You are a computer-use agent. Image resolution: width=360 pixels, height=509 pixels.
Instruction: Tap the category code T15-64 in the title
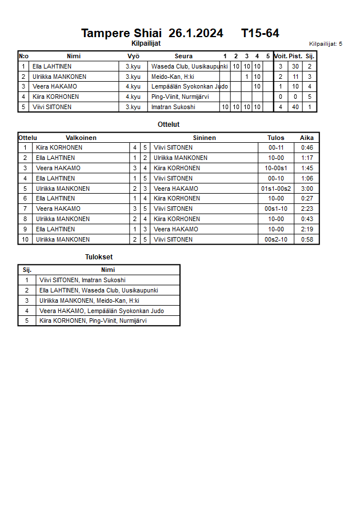click(260, 33)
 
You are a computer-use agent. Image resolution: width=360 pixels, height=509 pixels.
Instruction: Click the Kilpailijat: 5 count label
click(325, 43)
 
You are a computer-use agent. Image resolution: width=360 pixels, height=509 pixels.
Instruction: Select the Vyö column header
click(133, 56)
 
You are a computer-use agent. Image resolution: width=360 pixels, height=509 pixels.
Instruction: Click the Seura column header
click(183, 56)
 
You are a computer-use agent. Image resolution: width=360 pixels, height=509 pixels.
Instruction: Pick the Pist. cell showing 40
click(295, 107)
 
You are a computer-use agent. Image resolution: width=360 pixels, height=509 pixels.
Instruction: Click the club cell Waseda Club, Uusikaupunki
click(189, 66)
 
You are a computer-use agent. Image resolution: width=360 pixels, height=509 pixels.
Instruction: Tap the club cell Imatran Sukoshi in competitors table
click(173, 107)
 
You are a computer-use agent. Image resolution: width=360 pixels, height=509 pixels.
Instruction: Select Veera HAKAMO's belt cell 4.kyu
click(133, 86)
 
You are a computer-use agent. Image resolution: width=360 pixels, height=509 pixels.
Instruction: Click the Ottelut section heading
click(169, 125)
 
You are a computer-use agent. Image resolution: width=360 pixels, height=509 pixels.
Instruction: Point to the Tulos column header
click(276, 138)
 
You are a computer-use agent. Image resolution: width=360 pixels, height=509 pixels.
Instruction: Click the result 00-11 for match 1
click(276, 147)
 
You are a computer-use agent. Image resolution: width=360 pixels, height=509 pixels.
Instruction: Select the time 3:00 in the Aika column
click(307, 189)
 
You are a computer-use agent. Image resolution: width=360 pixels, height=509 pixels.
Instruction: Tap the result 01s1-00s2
click(276, 189)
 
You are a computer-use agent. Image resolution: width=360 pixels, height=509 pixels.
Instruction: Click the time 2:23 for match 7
click(307, 209)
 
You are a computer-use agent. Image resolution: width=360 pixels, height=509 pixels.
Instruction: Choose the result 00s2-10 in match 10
click(276, 239)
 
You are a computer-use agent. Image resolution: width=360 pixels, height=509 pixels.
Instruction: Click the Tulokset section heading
click(99, 258)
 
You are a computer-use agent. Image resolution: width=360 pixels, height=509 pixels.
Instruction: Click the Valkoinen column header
click(81, 138)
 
